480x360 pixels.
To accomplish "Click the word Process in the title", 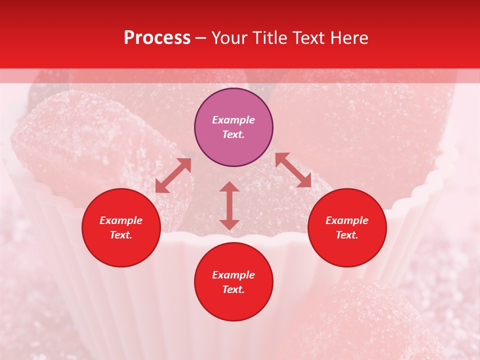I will coord(157,38).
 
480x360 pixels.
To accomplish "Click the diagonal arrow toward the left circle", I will coord(173,175).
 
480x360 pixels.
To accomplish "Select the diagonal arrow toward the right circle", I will coord(293,170).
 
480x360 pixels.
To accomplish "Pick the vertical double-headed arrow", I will coord(229,205).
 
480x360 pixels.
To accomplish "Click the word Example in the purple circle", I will coord(233,120).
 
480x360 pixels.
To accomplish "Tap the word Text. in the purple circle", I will coord(233,134).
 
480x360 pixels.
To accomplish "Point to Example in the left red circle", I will coord(121,220).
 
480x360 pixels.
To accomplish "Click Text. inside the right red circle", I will coord(347,235).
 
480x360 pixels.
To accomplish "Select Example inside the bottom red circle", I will coord(233,275).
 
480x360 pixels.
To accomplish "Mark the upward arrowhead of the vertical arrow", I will coord(229,186).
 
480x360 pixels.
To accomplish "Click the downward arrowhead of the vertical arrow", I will coord(229,224).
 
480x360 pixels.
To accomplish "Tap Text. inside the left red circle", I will coord(121,235).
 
